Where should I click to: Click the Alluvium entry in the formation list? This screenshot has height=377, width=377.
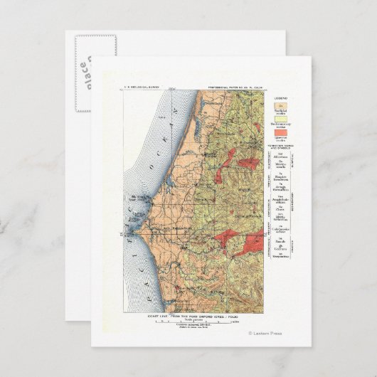click(x=282, y=156)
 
